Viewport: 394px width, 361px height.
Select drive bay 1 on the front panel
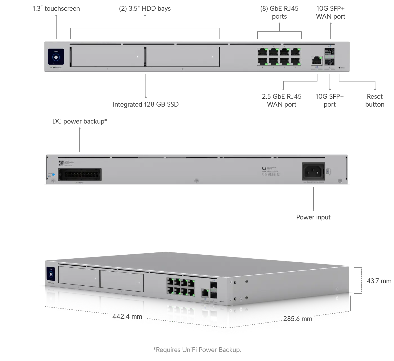[x=107, y=57]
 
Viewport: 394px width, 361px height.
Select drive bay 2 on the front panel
[x=182, y=57]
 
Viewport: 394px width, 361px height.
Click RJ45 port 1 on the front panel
[x=262, y=52]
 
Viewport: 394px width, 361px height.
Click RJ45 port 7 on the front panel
[x=295, y=52]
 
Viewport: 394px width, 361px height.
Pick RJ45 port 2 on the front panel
[x=262, y=61]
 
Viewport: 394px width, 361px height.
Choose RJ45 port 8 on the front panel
[x=295, y=61]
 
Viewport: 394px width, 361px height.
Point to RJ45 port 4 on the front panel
[x=273, y=61]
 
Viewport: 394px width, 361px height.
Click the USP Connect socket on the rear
[x=80, y=174]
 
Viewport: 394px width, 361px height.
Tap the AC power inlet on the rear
[x=313, y=171]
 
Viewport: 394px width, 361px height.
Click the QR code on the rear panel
[x=61, y=163]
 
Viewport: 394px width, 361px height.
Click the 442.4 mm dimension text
[x=127, y=316]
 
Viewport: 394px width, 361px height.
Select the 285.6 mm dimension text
[x=297, y=319]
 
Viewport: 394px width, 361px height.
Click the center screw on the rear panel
[x=197, y=180]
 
